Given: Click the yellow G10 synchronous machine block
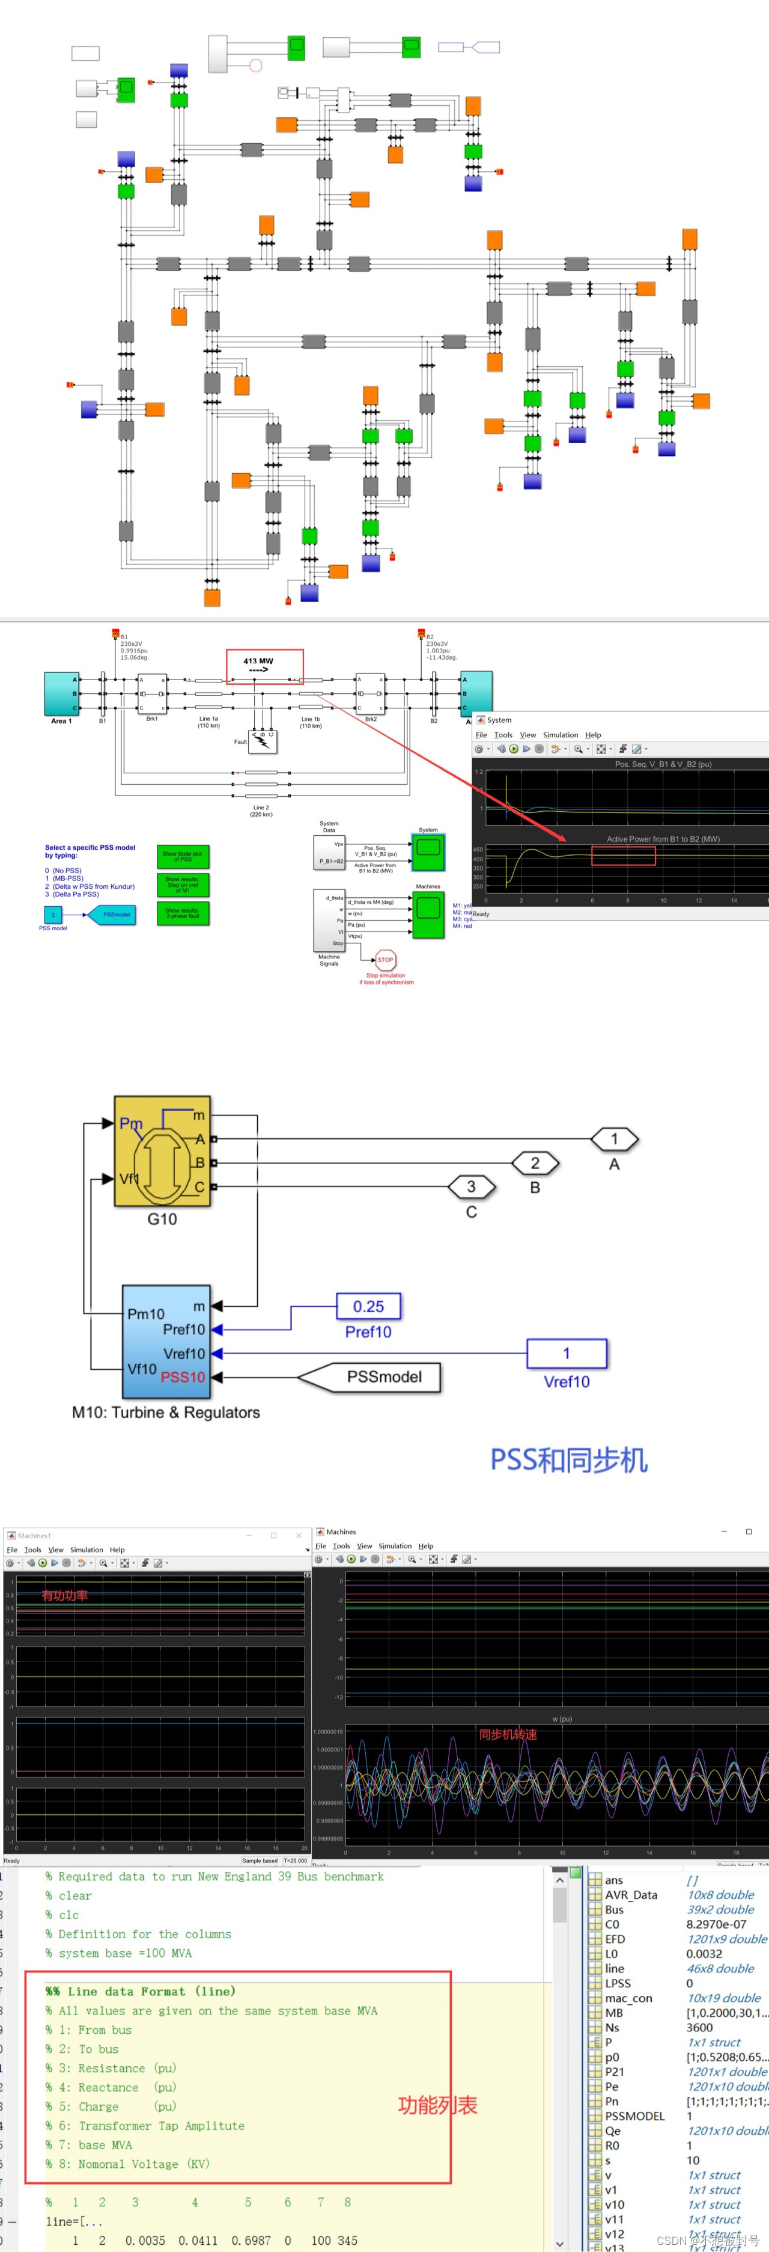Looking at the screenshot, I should pos(163,1152).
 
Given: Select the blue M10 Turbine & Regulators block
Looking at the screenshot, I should pos(166,1340).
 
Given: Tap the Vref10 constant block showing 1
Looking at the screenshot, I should pos(567,1352).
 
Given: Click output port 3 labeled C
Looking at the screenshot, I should pos(471,1186).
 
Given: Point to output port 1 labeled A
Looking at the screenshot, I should pos(615,1139).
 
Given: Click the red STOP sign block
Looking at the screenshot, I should pos(385,960).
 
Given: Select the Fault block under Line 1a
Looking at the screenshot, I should pos(262,741).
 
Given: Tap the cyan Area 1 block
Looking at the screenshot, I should pos(61,694).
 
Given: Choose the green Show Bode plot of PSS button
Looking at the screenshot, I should pos(183,856).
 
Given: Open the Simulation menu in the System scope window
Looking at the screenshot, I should pos(560,735).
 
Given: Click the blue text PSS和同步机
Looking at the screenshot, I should pos(569,1460).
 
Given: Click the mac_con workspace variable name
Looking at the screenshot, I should pos(628,1998).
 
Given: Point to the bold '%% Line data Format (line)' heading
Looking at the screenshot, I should pos(141,1992).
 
